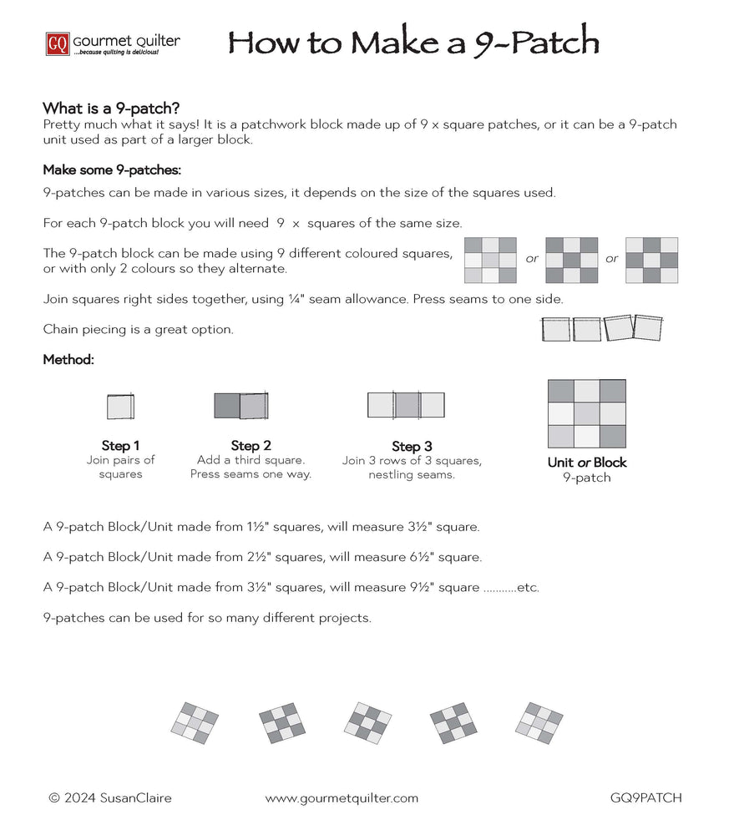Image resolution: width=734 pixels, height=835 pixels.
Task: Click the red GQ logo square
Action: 58,43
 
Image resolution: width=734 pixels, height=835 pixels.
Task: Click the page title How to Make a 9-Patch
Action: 413,42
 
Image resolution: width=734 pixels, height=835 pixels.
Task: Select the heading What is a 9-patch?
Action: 112,109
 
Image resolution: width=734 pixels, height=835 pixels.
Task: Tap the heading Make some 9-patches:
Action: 112,170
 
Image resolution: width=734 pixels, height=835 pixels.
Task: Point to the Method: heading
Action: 68,360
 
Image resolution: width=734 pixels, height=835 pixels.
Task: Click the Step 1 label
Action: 120,445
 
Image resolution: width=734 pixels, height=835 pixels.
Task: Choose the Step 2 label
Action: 251,445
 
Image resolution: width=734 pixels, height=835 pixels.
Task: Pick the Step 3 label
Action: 412,446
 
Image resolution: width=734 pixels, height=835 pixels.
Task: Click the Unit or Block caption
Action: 586,462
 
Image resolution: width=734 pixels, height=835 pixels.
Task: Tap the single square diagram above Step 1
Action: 120,406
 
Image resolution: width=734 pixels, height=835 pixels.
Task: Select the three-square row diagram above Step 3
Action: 406,405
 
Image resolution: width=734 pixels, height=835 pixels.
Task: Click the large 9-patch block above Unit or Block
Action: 586,414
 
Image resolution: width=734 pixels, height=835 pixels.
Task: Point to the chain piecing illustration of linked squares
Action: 601,328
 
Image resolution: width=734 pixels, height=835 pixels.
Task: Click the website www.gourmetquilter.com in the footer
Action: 342,797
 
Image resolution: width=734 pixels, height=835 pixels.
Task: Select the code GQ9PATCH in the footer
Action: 645,797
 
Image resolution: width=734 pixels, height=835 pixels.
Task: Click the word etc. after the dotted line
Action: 528,587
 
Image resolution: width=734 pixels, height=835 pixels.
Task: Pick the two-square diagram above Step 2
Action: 240,405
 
